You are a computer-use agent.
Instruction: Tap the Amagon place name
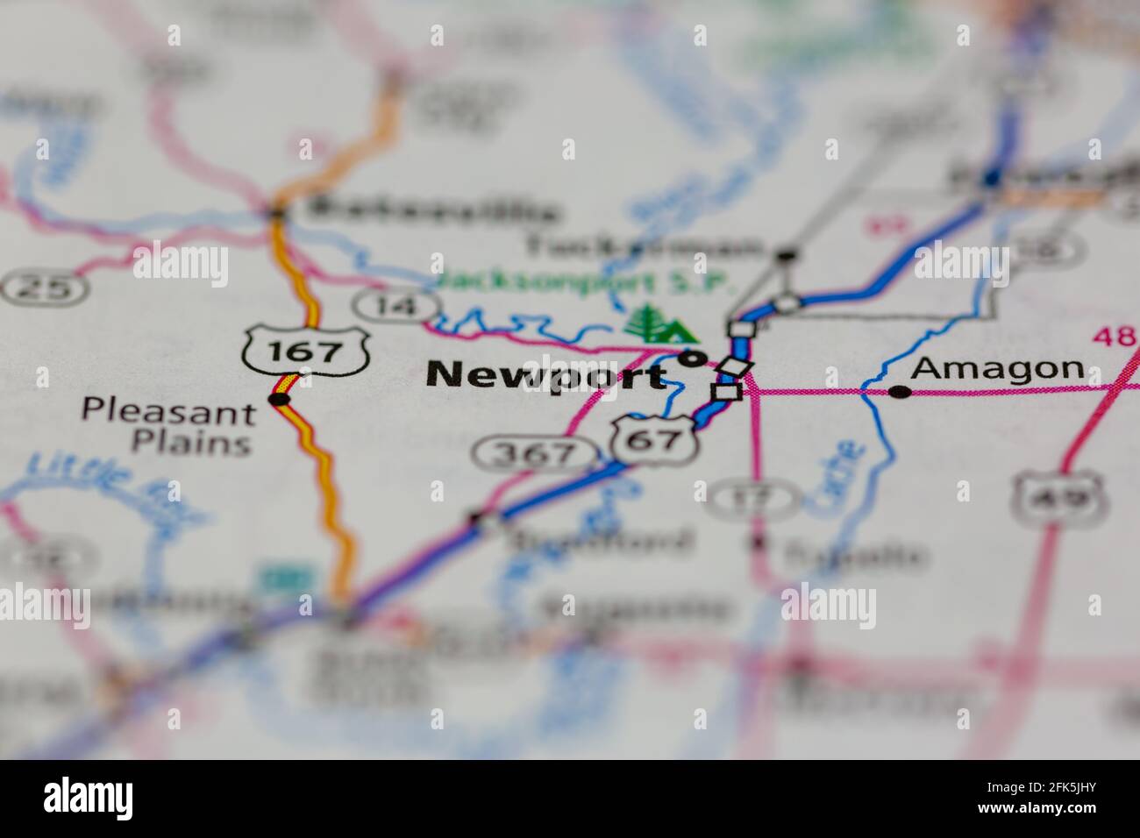point(998,369)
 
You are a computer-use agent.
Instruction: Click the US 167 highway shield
point(305,351)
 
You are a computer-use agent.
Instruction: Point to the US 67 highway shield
point(655,439)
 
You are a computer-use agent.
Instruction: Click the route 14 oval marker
point(396,305)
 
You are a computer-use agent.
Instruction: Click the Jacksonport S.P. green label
point(582,282)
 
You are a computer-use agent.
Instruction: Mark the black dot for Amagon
point(900,392)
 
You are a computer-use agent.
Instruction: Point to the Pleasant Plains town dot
point(280,400)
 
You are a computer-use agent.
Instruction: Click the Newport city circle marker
point(693,358)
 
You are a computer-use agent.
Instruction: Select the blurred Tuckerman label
point(644,247)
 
